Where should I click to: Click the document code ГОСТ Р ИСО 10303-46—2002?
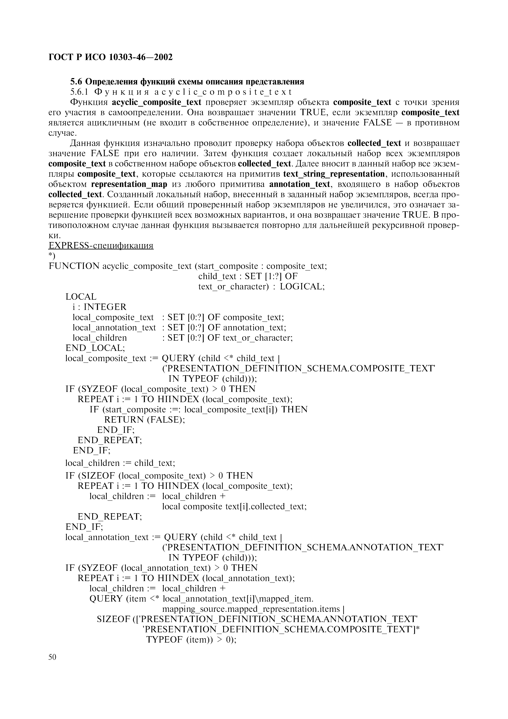pyautogui.click(x=110, y=57)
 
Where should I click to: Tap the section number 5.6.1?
pyautogui.click(x=80, y=92)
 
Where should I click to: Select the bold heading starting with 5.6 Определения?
pyautogui.click(x=187, y=82)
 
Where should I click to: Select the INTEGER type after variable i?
pyautogui.click(x=105, y=307)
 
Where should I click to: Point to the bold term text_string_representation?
pyautogui.click(x=334, y=174)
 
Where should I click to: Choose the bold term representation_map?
pyautogui.click(x=129, y=184)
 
